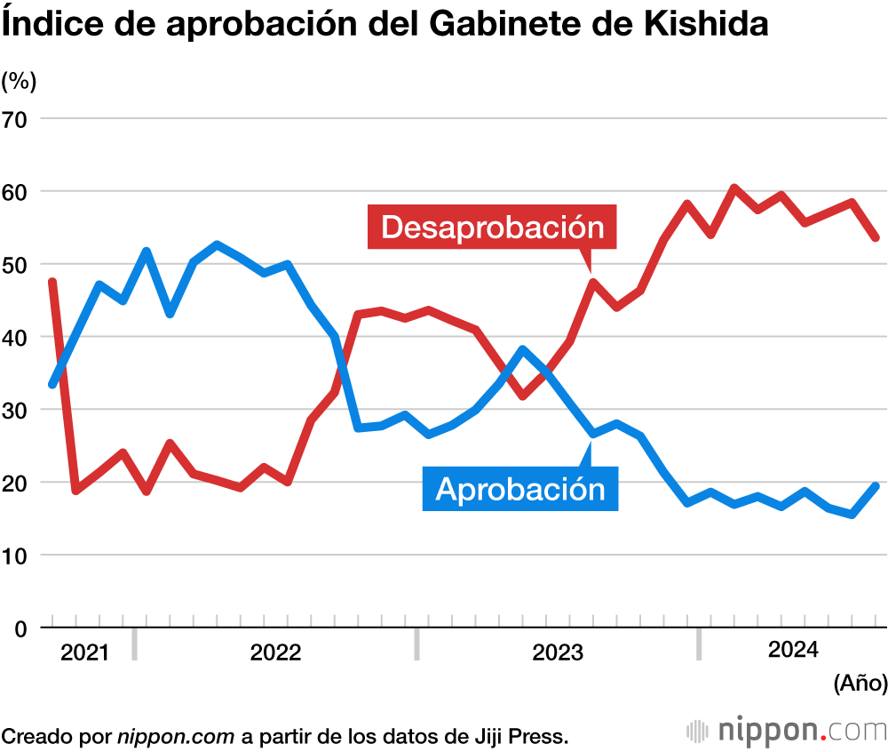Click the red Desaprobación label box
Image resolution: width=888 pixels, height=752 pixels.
[492, 227]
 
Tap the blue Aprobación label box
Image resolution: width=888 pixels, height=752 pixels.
[519, 488]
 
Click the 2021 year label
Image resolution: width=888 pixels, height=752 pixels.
[84, 653]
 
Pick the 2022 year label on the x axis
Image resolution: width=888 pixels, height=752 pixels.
[275, 653]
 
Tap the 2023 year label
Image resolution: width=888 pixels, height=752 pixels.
[558, 653]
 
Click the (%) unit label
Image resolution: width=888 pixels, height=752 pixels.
[19, 81]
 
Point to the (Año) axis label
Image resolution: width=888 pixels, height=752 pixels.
[860, 683]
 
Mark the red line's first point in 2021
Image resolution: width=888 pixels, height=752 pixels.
[52, 282]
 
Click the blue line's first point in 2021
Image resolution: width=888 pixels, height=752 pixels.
[52, 384]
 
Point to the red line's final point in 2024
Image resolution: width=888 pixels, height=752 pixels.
[876, 237]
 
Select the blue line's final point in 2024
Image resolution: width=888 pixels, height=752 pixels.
[876, 485]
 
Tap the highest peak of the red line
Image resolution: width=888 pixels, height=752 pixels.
[734, 188]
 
